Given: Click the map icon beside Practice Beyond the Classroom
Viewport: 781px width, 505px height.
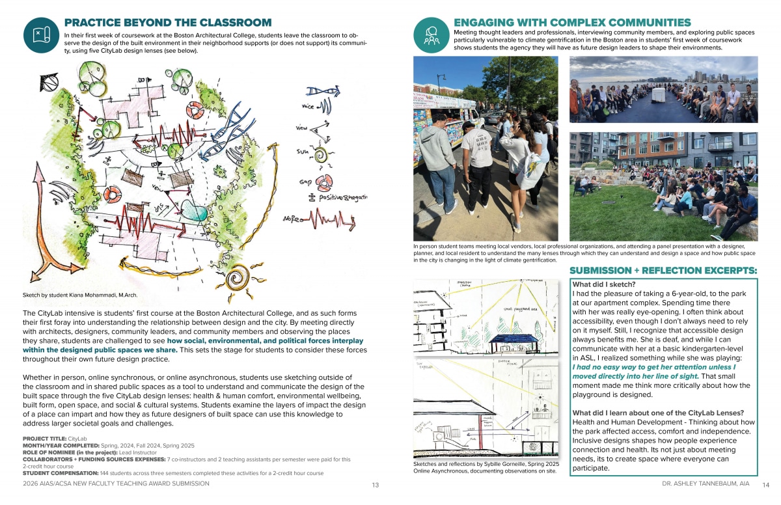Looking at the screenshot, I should pyautogui.click(x=41, y=34).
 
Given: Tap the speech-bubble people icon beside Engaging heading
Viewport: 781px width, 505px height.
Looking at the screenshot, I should pyautogui.click(x=431, y=34).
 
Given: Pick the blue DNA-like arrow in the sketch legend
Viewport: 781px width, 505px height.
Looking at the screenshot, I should pyautogui.click(x=326, y=91).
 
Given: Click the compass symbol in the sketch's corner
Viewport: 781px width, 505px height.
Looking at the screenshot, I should pyautogui.click(x=48, y=83).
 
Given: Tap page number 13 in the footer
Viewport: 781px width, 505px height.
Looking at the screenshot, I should pyautogui.click(x=376, y=485).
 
